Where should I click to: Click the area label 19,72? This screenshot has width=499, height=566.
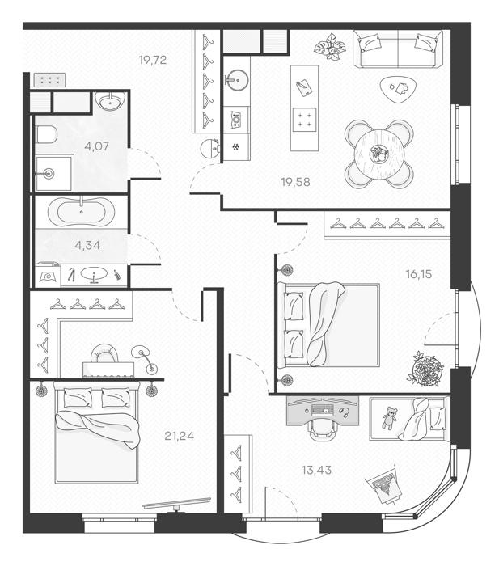[x=153, y=60]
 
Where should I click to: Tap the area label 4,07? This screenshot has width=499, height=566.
[x=96, y=146]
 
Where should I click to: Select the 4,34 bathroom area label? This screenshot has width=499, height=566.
[x=87, y=246]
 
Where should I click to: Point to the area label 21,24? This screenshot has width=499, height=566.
[x=179, y=436]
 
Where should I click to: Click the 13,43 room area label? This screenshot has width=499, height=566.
[x=316, y=470]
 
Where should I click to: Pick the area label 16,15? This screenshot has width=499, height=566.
[x=419, y=274]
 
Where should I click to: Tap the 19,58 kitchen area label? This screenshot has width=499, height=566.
[x=296, y=182]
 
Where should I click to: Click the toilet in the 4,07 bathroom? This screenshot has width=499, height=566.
[x=47, y=134]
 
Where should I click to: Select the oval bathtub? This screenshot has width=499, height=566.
[x=81, y=212]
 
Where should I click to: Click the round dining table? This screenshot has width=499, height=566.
[x=378, y=154]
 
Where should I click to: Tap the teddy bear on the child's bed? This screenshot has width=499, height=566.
[x=389, y=418]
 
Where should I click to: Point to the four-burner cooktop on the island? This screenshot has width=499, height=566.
[x=304, y=120]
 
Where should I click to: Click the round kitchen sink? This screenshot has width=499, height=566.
[x=237, y=79]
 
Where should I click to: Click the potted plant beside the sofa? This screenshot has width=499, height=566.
[x=330, y=46]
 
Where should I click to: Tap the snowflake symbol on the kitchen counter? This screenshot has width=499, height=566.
[x=236, y=147]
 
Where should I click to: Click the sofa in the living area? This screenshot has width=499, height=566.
[x=398, y=49]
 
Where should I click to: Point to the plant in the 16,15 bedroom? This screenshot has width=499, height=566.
[x=426, y=369]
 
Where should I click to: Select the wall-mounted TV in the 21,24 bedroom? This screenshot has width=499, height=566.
[x=176, y=503]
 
